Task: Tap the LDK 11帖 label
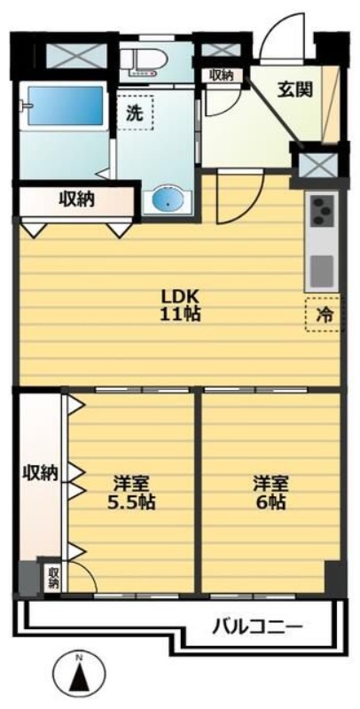179,304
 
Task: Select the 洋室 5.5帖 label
132,493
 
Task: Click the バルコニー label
258,627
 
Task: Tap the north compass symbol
78,678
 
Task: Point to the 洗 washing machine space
136,113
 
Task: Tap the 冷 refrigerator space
324,314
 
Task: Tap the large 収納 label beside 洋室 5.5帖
40,472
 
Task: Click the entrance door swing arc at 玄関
286,43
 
